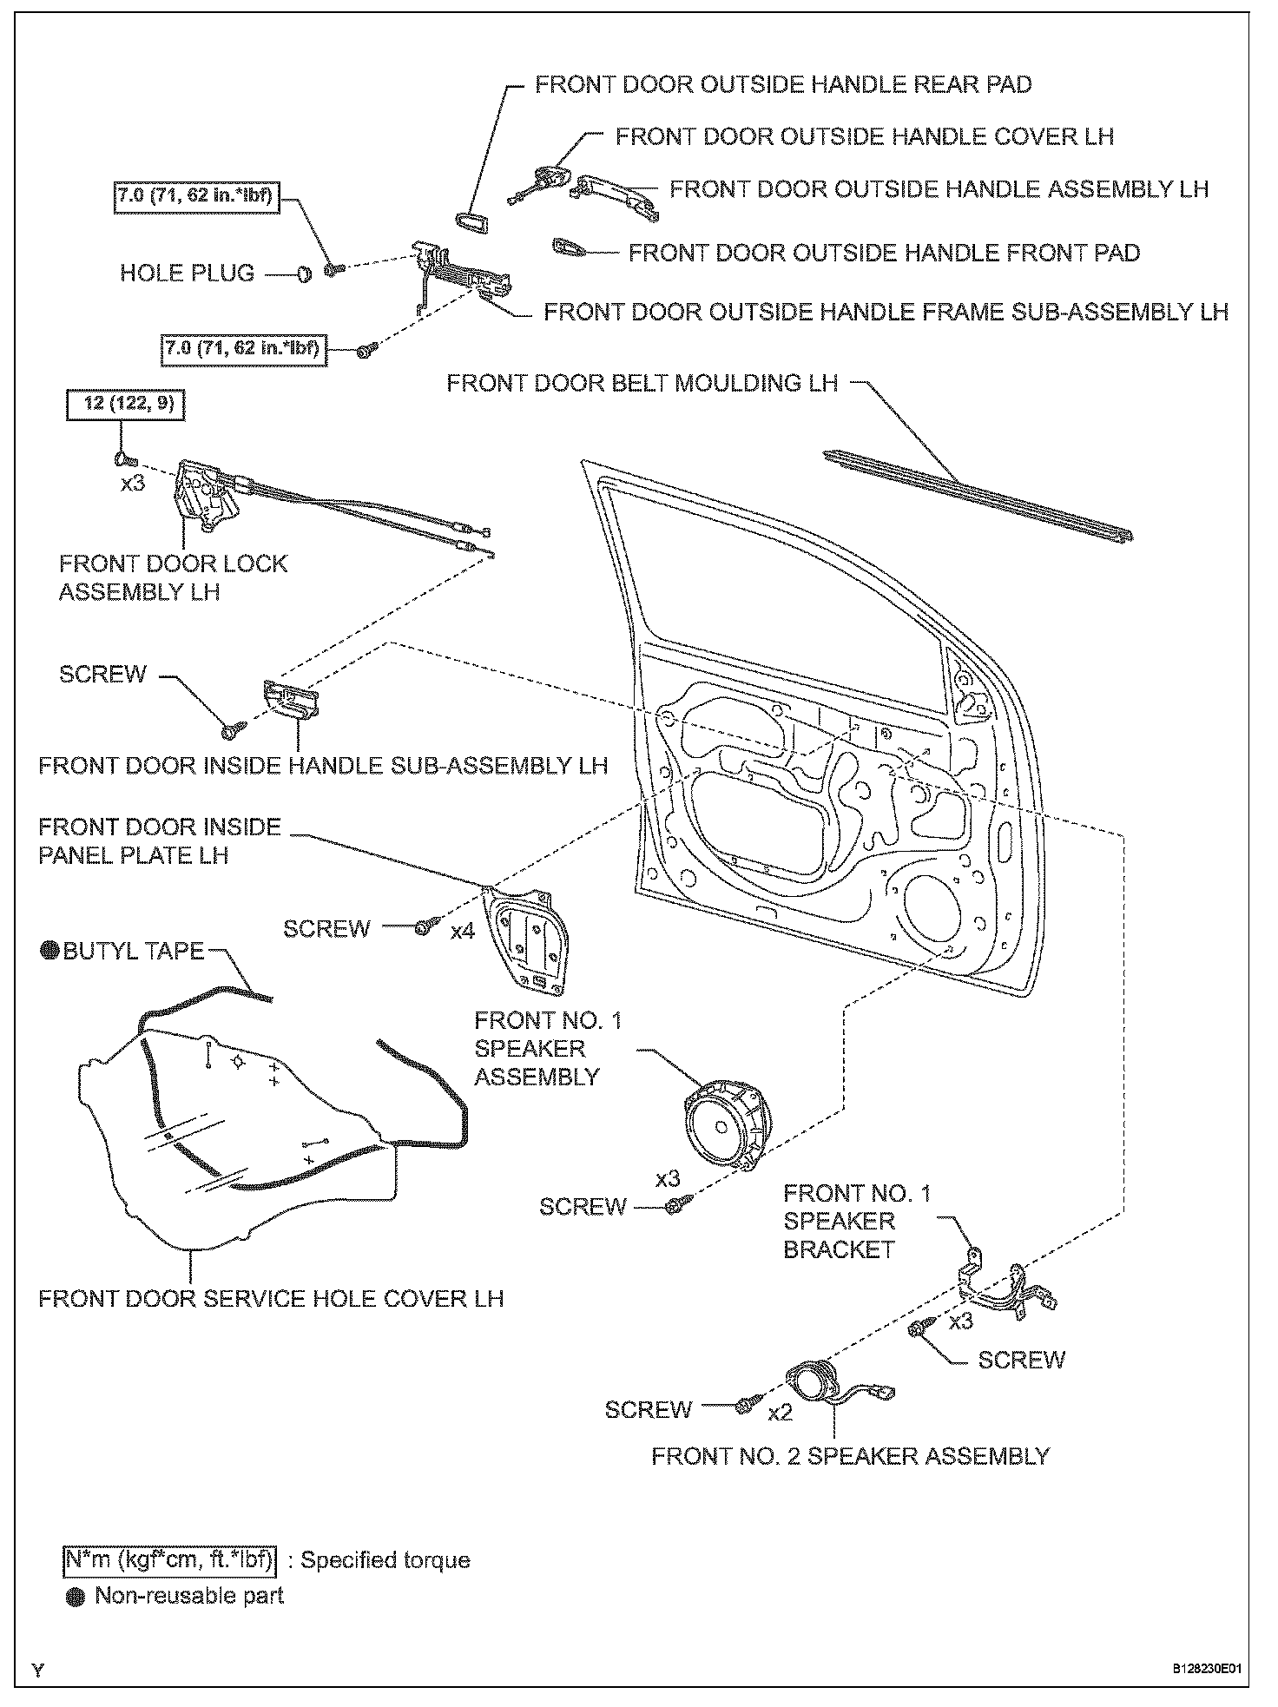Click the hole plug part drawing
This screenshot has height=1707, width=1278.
[304, 274]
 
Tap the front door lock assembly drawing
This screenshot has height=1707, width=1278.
[205, 496]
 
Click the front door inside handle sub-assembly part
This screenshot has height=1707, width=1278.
[288, 699]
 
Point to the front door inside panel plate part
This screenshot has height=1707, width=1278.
[529, 941]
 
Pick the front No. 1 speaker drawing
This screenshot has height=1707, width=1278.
[728, 1124]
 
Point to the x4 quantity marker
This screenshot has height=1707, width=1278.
[463, 932]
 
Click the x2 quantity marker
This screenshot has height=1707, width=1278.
[781, 1413]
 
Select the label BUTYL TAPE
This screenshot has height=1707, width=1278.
[133, 951]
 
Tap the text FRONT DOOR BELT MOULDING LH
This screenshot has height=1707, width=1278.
[642, 383]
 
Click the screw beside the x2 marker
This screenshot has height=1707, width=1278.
[745, 1406]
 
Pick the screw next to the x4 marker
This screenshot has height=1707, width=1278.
[421, 928]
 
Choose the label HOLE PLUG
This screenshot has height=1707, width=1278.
[187, 274]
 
